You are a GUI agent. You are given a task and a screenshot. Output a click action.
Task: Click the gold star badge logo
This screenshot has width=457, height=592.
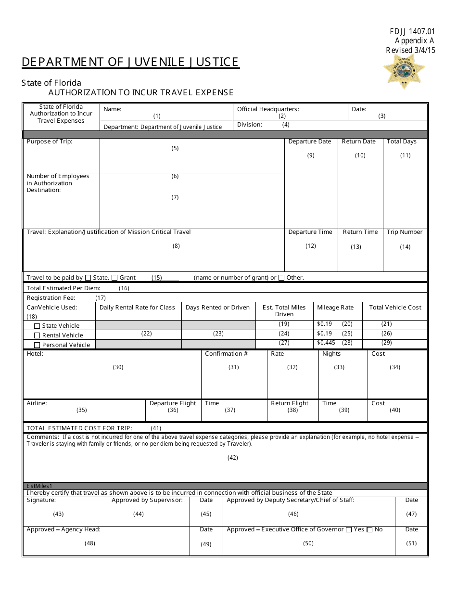(x=405, y=71)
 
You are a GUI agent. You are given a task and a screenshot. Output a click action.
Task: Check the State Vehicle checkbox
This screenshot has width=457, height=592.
(x=37, y=326)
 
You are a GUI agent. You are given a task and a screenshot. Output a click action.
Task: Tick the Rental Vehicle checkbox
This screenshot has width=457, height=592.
(x=37, y=335)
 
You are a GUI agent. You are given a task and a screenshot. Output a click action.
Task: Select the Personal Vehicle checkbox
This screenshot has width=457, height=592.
(x=37, y=345)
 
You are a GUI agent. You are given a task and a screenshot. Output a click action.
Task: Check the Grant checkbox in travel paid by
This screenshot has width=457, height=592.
(x=114, y=278)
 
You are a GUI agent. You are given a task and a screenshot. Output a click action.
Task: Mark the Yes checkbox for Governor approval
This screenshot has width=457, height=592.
(x=349, y=530)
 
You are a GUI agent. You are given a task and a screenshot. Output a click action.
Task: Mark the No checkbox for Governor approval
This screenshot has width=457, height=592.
(x=369, y=530)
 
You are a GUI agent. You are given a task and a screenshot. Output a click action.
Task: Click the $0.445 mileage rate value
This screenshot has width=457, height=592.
(x=326, y=343)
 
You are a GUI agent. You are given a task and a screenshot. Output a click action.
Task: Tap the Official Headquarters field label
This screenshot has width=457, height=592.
(x=268, y=109)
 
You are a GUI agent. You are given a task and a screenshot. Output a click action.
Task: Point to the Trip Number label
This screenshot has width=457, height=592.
(x=405, y=232)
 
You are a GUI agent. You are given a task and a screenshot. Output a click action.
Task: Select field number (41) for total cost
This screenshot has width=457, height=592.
(x=156, y=428)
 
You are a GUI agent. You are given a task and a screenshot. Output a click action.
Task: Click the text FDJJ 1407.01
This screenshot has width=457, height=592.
(x=412, y=32)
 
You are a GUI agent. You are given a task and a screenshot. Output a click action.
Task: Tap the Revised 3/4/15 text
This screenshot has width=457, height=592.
(x=410, y=50)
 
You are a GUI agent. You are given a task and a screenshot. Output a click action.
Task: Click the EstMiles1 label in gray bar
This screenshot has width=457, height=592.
(x=39, y=487)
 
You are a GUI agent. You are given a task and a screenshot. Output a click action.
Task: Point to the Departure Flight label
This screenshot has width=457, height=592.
(x=173, y=403)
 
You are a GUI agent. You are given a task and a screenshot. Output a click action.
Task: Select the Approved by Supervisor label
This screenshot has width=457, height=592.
(x=147, y=500)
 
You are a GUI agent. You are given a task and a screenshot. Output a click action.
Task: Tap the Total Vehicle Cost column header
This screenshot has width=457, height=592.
(x=395, y=308)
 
